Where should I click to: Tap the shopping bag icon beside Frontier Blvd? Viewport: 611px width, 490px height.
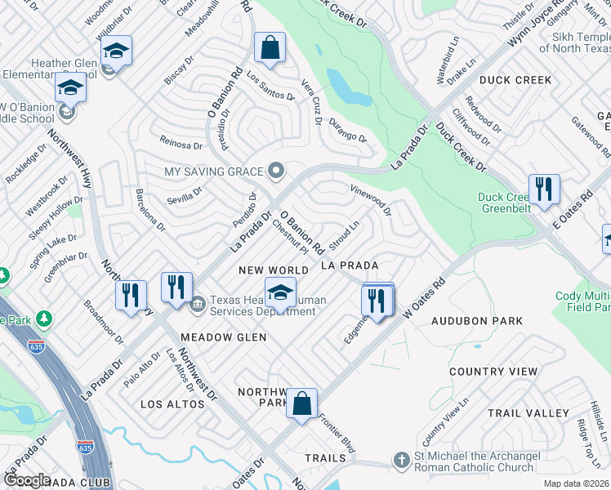click(x=301, y=403)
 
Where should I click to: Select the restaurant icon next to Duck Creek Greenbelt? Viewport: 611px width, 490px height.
click(x=542, y=189)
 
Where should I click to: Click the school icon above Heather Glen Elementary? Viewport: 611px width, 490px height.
click(x=117, y=53)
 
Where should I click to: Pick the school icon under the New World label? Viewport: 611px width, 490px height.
click(x=280, y=292)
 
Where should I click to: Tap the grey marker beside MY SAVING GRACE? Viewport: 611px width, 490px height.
click(x=277, y=171)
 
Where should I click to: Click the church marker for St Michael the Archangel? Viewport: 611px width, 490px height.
click(x=400, y=461)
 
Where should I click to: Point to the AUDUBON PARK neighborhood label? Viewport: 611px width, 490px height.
click(x=477, y=321)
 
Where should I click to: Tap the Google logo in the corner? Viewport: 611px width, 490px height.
click(x=27, y=480)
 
